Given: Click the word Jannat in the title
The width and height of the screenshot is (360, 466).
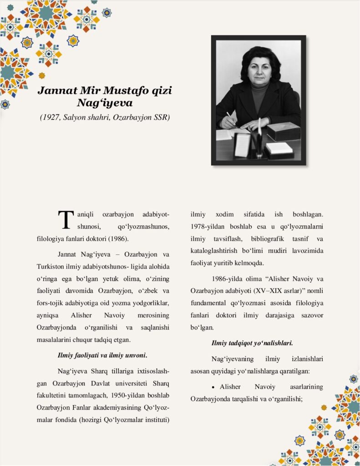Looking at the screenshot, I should click(x=54, y=91).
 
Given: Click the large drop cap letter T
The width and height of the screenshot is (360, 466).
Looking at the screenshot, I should click(x=66, y=219).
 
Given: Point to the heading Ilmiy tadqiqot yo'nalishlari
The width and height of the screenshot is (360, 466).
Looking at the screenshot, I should click(x=252, y=343).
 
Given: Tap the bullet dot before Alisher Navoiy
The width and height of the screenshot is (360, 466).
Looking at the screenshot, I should click(x=213, y=387).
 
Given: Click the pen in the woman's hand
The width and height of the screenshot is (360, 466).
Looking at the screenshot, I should click(x=229, y=116).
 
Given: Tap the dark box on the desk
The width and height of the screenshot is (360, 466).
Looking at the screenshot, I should click(x=283, y=131).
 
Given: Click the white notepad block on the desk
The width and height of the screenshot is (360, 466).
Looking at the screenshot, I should click(x=279, y=148).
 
